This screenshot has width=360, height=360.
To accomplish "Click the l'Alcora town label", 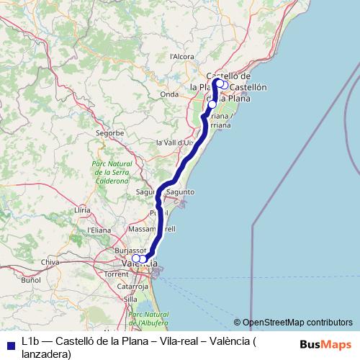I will [x=181, y=55].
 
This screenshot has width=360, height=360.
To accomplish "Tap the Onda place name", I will [x=169, y=94].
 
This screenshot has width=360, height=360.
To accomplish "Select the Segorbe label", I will [x=110, y=133].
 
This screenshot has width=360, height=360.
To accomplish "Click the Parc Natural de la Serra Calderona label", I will [x=112, y=173].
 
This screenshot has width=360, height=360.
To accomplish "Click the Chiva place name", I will [x=50, y=262].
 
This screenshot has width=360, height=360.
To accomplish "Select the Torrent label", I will [x=116, y=274].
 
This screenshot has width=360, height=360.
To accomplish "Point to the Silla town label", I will [x=130, y=298].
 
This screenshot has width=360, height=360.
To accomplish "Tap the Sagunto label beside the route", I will [x=180, y=192].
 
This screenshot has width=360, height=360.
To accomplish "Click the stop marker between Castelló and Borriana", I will [x=212, y=104].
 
